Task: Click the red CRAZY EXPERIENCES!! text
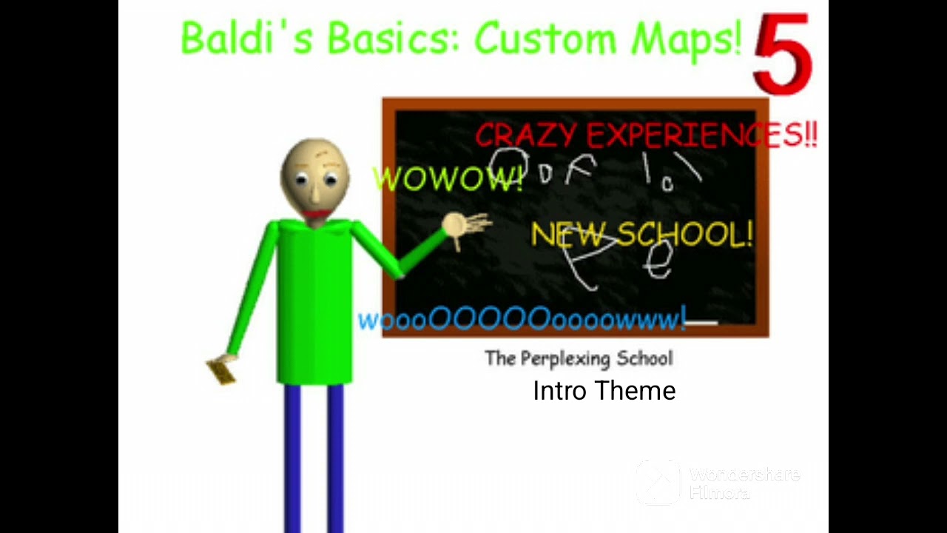(x=645, y=135)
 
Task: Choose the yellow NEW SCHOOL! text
(x=641, y=235)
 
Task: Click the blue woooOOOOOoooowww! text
(x=522, y=320)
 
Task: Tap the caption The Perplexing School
(x=579, y=359)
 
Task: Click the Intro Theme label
(x=604, y=391)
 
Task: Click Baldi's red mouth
(x=317, y=214)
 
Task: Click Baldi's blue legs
(x=314, y=459)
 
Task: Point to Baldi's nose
(x=315, y=194)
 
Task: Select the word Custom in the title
(x=547, y=38)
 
